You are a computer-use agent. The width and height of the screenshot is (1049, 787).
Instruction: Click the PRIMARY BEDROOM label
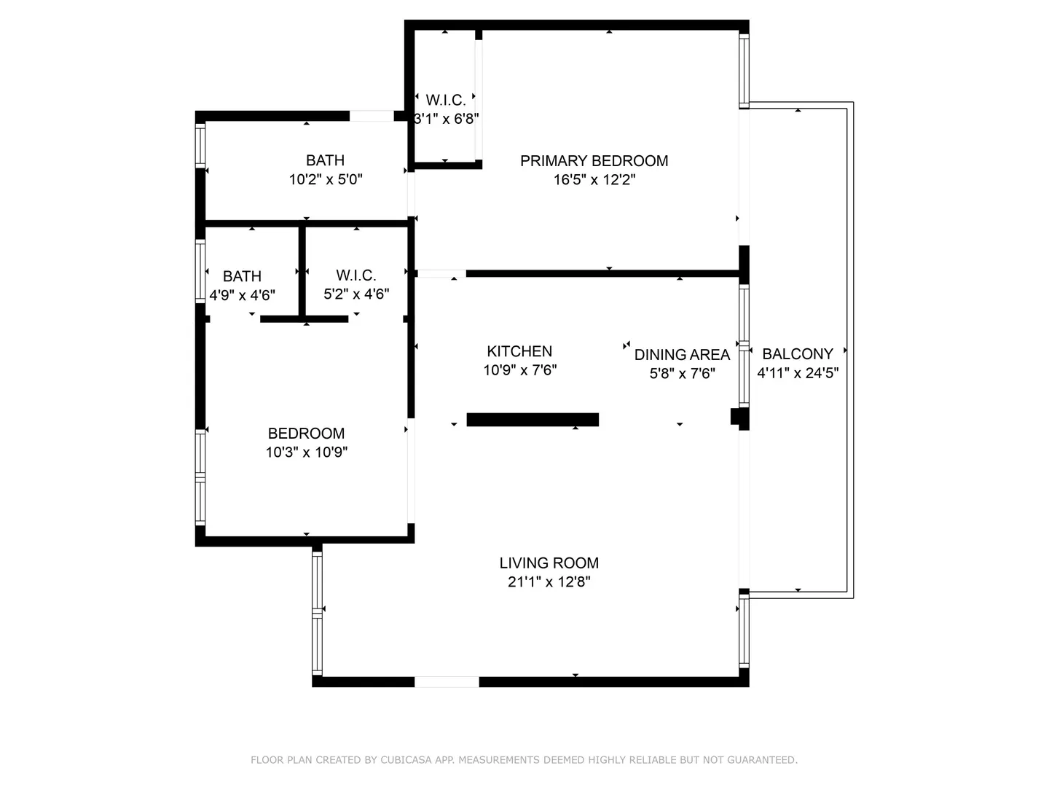pos(594,161)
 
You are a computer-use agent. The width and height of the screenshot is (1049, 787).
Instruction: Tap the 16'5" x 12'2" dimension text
pos(594,180)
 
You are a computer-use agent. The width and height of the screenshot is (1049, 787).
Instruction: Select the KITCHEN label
pos(519,351)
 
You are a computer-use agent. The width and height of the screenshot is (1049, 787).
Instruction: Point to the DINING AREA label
pos(682,355)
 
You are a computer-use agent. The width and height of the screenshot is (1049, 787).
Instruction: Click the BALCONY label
pos(798,354)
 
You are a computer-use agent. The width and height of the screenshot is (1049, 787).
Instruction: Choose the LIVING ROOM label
pos(549,563)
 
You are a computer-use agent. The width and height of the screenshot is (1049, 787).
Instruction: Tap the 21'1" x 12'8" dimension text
pos(549,582)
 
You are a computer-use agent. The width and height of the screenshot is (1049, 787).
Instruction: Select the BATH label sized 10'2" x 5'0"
pos(325,160)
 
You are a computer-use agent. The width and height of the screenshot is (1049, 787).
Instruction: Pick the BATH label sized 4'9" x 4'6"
pos(243,276)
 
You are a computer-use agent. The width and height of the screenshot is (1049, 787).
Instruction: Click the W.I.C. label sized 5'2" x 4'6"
pos(356,275)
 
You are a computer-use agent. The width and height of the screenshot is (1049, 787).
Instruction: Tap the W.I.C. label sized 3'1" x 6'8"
pos(446,100)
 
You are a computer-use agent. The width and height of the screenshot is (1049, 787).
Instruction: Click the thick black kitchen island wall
pos(533,420)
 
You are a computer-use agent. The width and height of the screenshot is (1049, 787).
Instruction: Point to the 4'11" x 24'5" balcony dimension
pos(798,372)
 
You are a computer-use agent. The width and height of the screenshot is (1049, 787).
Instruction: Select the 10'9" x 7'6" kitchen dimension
pos(520,370)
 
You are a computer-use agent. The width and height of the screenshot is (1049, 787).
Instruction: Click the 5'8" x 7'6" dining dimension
pos(682,373)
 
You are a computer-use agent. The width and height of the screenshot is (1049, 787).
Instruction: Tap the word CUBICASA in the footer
pos(406,760)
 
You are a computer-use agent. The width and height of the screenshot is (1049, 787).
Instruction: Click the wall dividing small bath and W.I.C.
pos(302,271)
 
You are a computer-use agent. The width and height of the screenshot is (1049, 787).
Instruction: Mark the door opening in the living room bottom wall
pos(447,682)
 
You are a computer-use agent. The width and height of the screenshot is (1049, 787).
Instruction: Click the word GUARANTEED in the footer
pos(762,760)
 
